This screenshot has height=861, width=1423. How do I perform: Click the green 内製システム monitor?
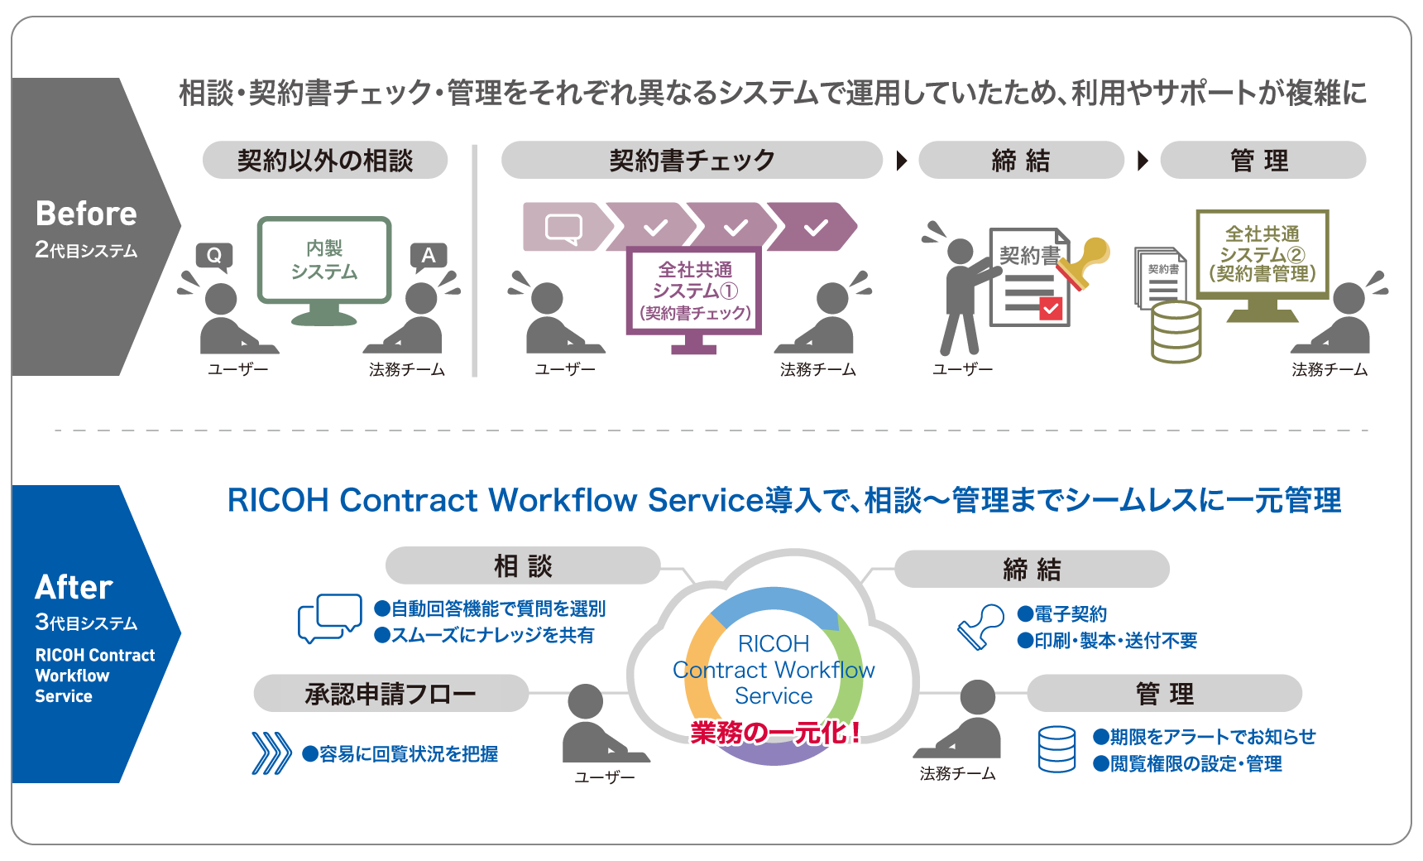pos(324,261)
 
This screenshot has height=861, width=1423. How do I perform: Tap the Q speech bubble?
pos(214,255)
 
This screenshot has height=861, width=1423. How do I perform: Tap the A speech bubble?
pos(428,255)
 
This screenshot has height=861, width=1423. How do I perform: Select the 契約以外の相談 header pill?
pos(325,160)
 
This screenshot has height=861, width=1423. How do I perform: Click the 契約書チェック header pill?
pos(692,160)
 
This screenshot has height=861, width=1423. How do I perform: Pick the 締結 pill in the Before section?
pos(1021,160)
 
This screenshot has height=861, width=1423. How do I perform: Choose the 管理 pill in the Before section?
pos(1262,160)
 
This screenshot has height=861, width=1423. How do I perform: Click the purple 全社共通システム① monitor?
pos(694,291)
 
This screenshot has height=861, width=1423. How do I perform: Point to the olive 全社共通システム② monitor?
pos(1262,255)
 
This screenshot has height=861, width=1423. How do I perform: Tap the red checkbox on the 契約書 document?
pos(1051,309)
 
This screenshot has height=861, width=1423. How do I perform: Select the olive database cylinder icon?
pos(1176,331)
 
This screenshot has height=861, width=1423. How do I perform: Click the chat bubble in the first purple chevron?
pos(564,227)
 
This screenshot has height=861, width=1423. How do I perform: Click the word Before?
pos(86,214)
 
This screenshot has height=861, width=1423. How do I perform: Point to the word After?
pos(74,587)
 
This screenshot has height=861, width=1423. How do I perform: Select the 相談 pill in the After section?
pos(523,566)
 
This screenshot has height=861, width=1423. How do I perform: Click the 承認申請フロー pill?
pos(390,693)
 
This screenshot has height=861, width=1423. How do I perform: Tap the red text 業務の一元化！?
pos(775,732)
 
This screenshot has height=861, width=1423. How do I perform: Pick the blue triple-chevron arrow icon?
pos(271,753)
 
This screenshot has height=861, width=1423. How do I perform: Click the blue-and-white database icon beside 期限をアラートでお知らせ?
pos(1057,749)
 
